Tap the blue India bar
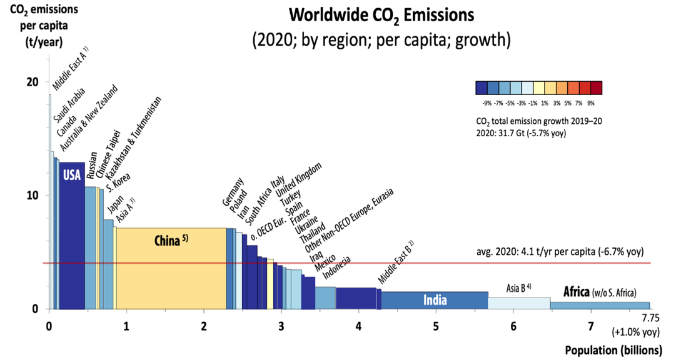[435, 301]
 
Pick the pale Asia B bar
[518, 303]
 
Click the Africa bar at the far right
[600, 306]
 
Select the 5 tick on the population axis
[436, 326]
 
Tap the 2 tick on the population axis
[204, 326]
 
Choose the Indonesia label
[338, 269]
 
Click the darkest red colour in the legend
[595, 87]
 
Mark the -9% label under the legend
[486, 102]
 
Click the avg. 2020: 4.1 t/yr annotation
[560, 253]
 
